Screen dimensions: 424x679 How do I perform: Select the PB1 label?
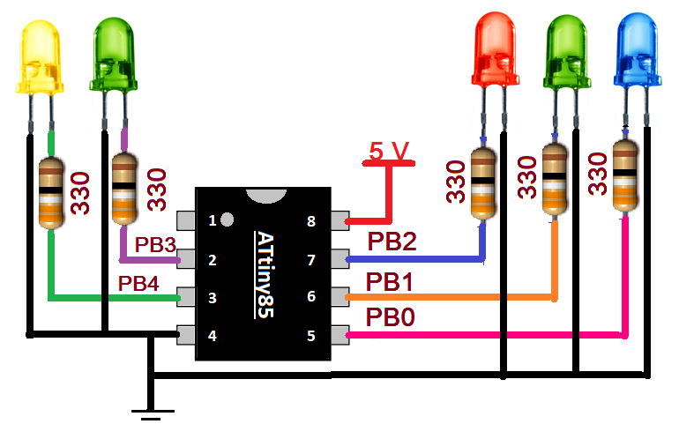tap(390, 281)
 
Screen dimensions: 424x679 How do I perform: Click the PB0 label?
tap(390, 316)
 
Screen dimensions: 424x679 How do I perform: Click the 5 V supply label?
tap(389, 152)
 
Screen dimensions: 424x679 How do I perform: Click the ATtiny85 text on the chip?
tap(262, 274)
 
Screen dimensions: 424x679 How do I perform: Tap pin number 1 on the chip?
tap(212, 220)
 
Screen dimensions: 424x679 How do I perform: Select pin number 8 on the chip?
tap(312, 221)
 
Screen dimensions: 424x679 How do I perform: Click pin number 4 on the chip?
tap(212, 335)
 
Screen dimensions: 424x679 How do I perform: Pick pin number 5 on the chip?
tap(312, 335)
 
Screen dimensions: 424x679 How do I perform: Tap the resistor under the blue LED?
tap(625, 175)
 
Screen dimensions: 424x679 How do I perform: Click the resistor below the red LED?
tap(482, 184)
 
